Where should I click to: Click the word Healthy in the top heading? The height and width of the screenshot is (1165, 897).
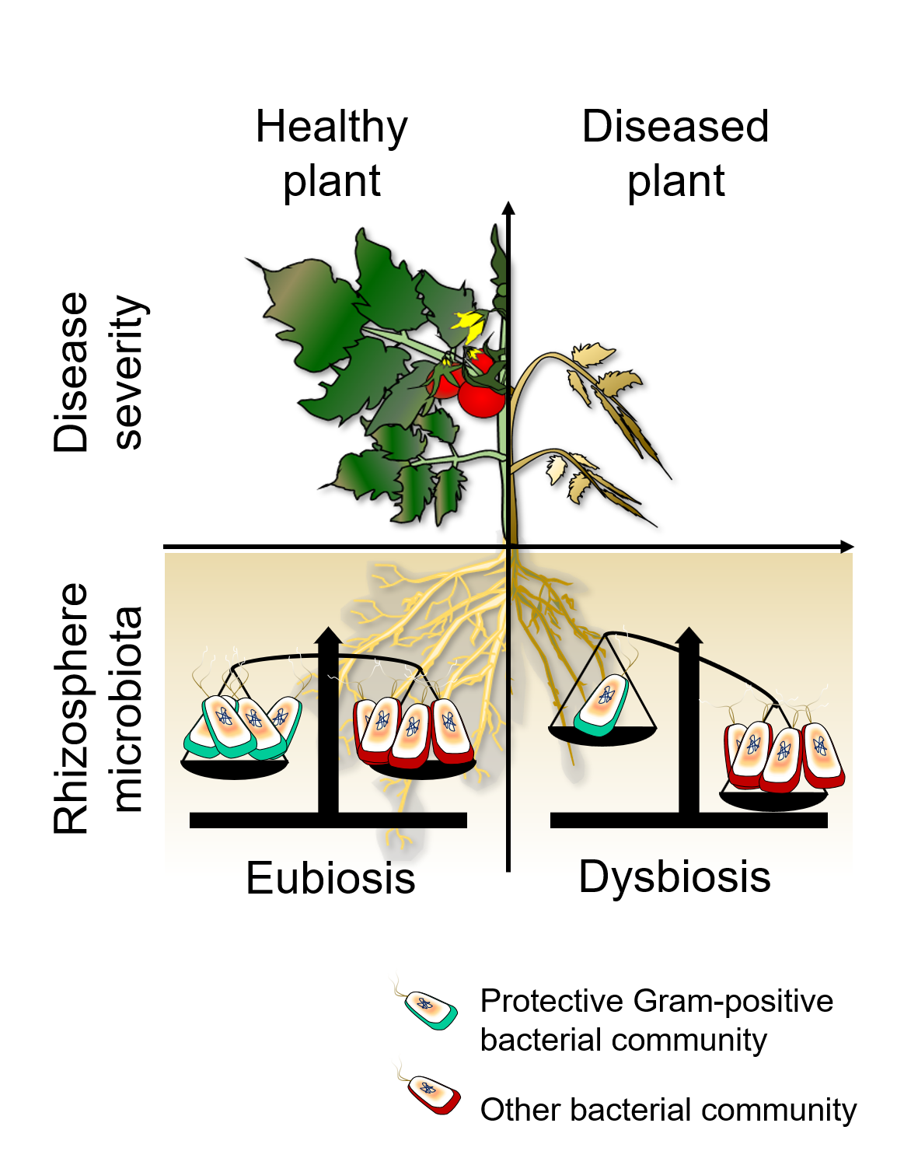tap(331, 128)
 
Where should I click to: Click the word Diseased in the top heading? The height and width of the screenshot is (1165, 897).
tap(675, 128)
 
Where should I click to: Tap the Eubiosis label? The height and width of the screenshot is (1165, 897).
tap(330, 879)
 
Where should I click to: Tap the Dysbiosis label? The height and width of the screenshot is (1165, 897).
tap(675, 877)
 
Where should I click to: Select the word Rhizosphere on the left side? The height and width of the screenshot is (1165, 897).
tap(72, 708)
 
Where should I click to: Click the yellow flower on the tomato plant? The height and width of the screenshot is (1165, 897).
tap(469, 325)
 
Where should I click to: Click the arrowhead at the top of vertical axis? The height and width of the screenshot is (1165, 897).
tap(508, 208)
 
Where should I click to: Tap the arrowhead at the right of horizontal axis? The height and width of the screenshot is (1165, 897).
tap(847, 547)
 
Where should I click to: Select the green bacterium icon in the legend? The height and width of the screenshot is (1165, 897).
tap(430, 1010)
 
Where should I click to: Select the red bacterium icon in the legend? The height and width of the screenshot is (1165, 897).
tap(433, 1093)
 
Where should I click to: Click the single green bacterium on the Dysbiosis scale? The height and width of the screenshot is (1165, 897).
tap(602, 705)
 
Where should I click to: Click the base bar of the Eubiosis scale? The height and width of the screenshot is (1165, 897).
tap(328, 820)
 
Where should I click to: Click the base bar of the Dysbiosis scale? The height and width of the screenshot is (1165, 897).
tap(689, 820)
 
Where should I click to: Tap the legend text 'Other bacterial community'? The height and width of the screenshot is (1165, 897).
tap(668, 1110)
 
